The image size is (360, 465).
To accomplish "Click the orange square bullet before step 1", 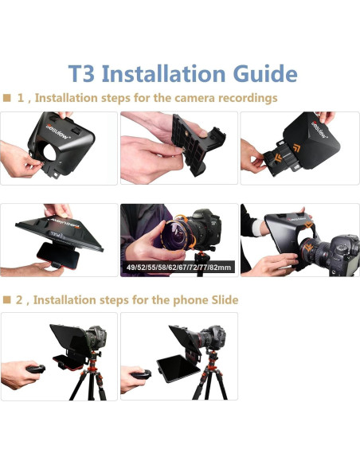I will [6, 98].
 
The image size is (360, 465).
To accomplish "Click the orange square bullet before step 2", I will [6, 299].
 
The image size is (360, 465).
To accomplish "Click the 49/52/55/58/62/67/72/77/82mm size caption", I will [178, 267].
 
